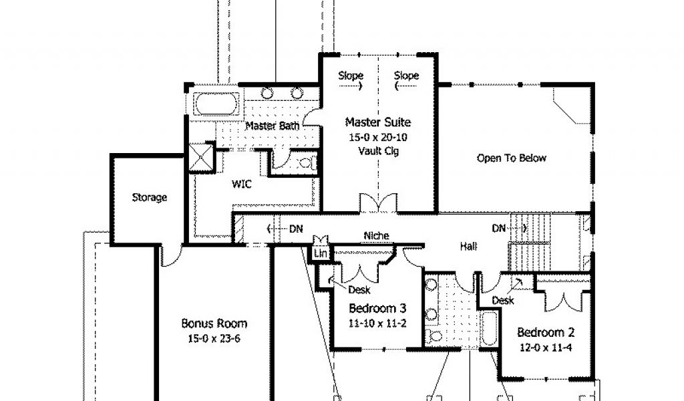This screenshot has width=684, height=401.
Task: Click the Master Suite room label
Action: [378, 122]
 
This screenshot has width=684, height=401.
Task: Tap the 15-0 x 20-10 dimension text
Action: [378, 138]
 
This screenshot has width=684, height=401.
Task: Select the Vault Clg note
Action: [378, 151]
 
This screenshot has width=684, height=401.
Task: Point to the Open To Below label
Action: [511, 158]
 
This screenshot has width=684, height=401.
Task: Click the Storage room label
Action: [149, 197]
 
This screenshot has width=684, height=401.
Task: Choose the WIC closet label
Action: [241, 184]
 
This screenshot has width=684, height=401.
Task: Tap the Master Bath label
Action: [273, 126]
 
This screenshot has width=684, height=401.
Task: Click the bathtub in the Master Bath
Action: [216, 104]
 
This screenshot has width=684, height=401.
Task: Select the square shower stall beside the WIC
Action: [201, 157]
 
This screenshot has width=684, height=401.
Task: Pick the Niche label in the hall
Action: [376, 236]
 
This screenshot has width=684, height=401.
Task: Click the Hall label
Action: [468, 247]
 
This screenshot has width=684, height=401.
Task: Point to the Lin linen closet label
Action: [320, 253]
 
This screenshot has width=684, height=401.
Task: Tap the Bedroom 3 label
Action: [377, 309]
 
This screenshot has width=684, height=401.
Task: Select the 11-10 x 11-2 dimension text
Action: [377, 323]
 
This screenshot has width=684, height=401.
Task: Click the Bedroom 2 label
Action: [546, 332]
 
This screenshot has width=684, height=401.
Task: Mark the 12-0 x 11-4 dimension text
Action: [546, 348]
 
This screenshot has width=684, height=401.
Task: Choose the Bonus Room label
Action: [214, 323]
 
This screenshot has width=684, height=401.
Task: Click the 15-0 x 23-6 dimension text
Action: [214, 339]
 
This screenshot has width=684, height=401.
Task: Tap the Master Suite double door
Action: [378, 203]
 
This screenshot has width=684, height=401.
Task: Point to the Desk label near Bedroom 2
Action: [503, 300]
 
